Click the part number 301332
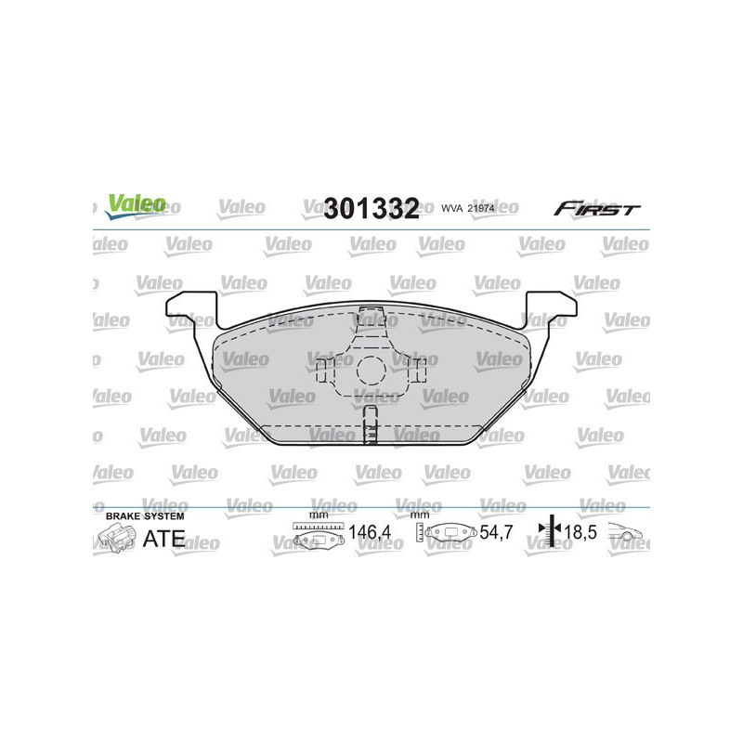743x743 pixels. tap(371, 208)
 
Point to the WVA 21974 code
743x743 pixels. tap(467, 209)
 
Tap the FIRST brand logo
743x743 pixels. tap(596, 209)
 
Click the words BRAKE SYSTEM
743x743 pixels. tap(145, 515)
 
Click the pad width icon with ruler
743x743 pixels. tap(318, 534)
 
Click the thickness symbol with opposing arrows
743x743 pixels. tap(549, 532)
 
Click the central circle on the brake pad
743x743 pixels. tap(371, 371)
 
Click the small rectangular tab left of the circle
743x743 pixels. tap(322, 371)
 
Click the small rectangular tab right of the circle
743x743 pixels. tap(420, 371)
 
